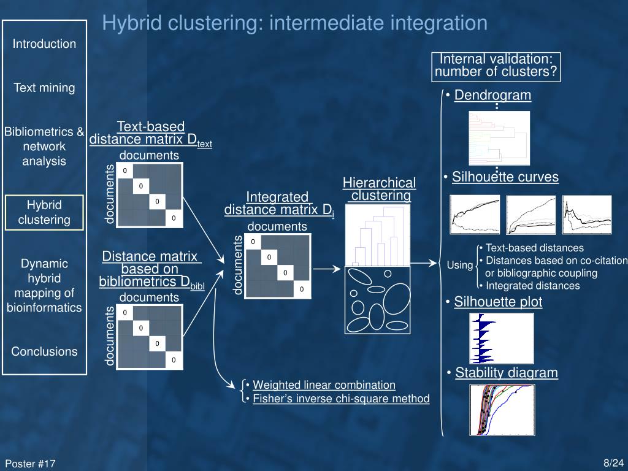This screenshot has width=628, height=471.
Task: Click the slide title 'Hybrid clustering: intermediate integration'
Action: [294, 23]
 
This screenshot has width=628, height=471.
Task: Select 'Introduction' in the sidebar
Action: [44, 44]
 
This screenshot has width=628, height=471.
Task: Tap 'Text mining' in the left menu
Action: [44, 88]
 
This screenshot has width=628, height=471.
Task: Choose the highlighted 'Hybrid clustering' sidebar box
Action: [44, 212]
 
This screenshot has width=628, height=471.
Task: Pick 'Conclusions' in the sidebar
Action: [44, 351]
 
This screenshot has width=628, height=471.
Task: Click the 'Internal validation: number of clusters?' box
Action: [496, 66]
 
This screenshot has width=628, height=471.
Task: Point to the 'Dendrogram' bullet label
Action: [492, 95]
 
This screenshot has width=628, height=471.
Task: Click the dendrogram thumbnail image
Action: [499, 138]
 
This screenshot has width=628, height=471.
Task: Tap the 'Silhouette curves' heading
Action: [505, 177]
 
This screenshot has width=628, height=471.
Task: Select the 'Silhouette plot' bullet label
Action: [498, 302]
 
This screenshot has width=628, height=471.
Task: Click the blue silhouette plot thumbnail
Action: [501, 339]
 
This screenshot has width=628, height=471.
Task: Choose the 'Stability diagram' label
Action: [507, 373]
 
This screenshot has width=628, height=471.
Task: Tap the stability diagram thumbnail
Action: [502, 410]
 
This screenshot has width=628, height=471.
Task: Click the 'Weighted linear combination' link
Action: [324, 385]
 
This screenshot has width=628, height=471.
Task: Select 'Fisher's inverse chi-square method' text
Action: [341, 399]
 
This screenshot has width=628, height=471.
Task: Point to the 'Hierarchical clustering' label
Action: [379, 189]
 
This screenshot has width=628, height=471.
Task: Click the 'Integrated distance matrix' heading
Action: [278, 204]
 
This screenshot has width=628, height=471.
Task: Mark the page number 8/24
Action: [613, 463]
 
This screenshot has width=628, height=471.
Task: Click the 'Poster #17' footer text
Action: [31, 464]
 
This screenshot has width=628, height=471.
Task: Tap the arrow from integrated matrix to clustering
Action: [327, 269]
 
